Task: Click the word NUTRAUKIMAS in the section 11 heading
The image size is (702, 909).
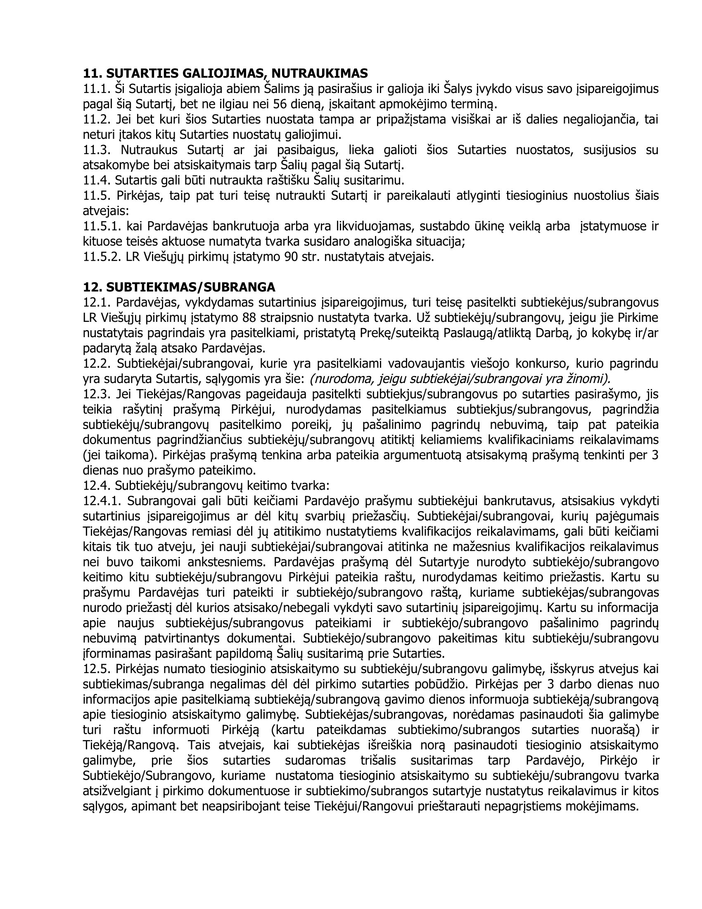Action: click(x=320, y=74)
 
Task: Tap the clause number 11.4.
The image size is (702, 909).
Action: click(x=97, y=181)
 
